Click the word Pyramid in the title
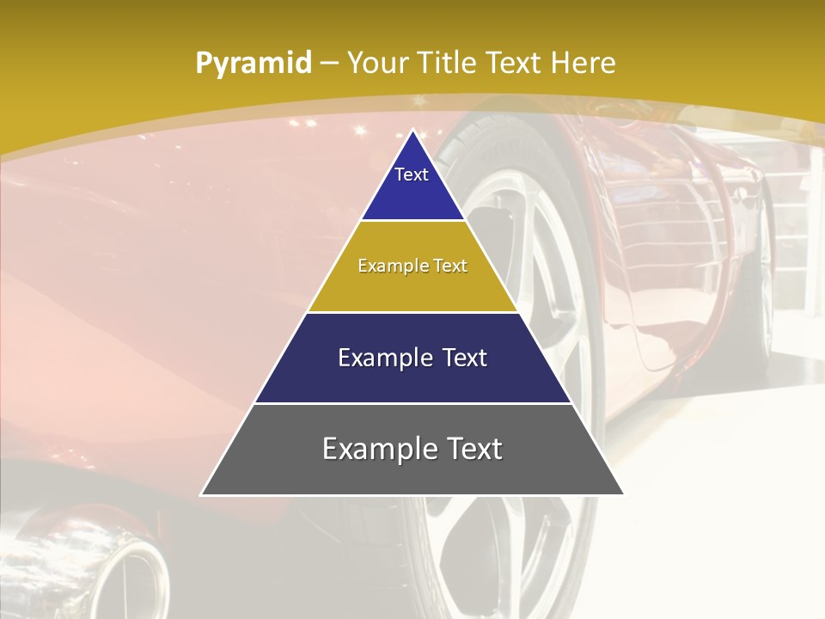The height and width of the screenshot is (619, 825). pos(253,64)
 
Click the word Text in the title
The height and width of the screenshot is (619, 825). pos(514,63)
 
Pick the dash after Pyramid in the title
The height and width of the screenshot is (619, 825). pos(328,64)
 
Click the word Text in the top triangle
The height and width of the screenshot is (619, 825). pos(412,175)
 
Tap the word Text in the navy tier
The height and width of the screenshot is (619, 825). pos(466,358)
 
